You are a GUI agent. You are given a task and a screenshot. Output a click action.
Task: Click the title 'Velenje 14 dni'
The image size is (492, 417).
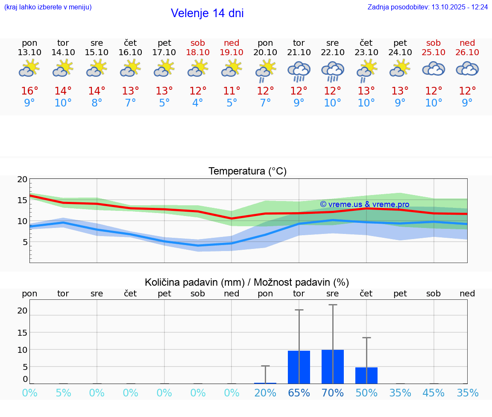[207, 13]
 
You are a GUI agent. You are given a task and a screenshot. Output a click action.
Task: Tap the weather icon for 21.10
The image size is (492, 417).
[299, 71]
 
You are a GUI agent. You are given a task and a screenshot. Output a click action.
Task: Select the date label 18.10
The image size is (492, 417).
[198, 53]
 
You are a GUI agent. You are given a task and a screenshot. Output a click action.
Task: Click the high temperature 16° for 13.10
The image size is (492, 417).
[29, 91]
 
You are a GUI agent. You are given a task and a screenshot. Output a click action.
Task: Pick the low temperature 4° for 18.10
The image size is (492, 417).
[198, 103]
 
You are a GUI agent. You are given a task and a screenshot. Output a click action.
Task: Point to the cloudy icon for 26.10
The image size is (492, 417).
[467, 69]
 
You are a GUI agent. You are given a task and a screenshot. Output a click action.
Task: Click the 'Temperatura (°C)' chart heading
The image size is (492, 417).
[247, 172]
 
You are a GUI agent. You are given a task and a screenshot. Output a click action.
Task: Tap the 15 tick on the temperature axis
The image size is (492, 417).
[22, 200]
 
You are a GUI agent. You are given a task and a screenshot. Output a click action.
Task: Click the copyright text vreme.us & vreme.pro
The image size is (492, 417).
[365, 204]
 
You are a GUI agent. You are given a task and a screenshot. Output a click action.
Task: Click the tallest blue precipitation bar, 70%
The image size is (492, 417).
[333, 367]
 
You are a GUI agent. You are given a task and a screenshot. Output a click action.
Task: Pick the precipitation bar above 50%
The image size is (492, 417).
[366, 375]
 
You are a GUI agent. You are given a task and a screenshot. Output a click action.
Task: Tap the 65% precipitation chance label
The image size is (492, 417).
[299, 393]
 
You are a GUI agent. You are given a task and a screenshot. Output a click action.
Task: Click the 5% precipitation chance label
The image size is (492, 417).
[63, 393]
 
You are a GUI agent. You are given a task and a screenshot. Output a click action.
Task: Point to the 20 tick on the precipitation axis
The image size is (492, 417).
[22, 311]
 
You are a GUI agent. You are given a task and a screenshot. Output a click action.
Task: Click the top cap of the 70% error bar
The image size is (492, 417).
[333, 305]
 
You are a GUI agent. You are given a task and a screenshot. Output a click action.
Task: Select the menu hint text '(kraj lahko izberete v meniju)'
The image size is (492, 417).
[48, 7]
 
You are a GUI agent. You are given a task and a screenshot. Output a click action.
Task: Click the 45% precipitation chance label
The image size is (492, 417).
[433, 393]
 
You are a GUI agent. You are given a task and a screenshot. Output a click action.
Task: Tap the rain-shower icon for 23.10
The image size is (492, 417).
[366, 71]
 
